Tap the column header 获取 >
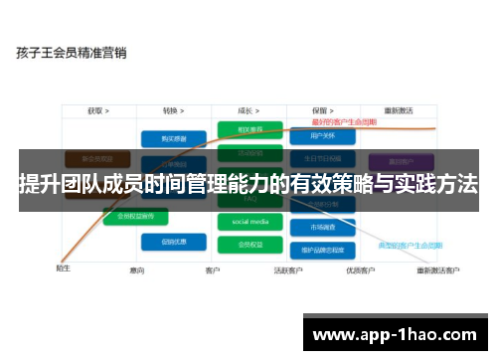97,110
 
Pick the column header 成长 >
249,110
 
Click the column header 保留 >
320,110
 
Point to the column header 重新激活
399,110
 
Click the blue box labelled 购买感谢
166,138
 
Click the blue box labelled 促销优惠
166,241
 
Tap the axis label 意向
137,270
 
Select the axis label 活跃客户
288,270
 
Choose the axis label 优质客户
359,270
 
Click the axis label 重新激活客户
438,270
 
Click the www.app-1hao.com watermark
397,334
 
